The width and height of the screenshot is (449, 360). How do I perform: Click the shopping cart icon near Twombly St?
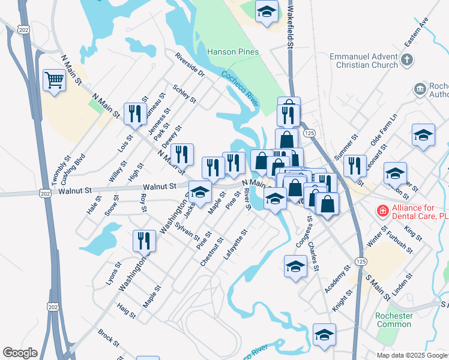tap(54, 80)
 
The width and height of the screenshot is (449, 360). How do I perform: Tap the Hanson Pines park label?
tap(233, 52)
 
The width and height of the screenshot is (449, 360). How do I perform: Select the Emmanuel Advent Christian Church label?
tap(364, 60)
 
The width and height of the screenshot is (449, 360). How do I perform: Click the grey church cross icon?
tap(407, 59)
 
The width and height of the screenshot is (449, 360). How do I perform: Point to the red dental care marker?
tap(381, 211)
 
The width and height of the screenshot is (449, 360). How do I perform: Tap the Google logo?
tap(20, 353)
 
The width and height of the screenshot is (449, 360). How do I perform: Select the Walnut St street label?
tap(74, 190)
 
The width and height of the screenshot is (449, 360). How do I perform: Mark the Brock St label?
tap(109, 338)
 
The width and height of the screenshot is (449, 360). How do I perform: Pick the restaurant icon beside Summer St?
tap(355, 166)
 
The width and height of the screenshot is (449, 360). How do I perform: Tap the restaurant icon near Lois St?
tap(135, 113)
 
